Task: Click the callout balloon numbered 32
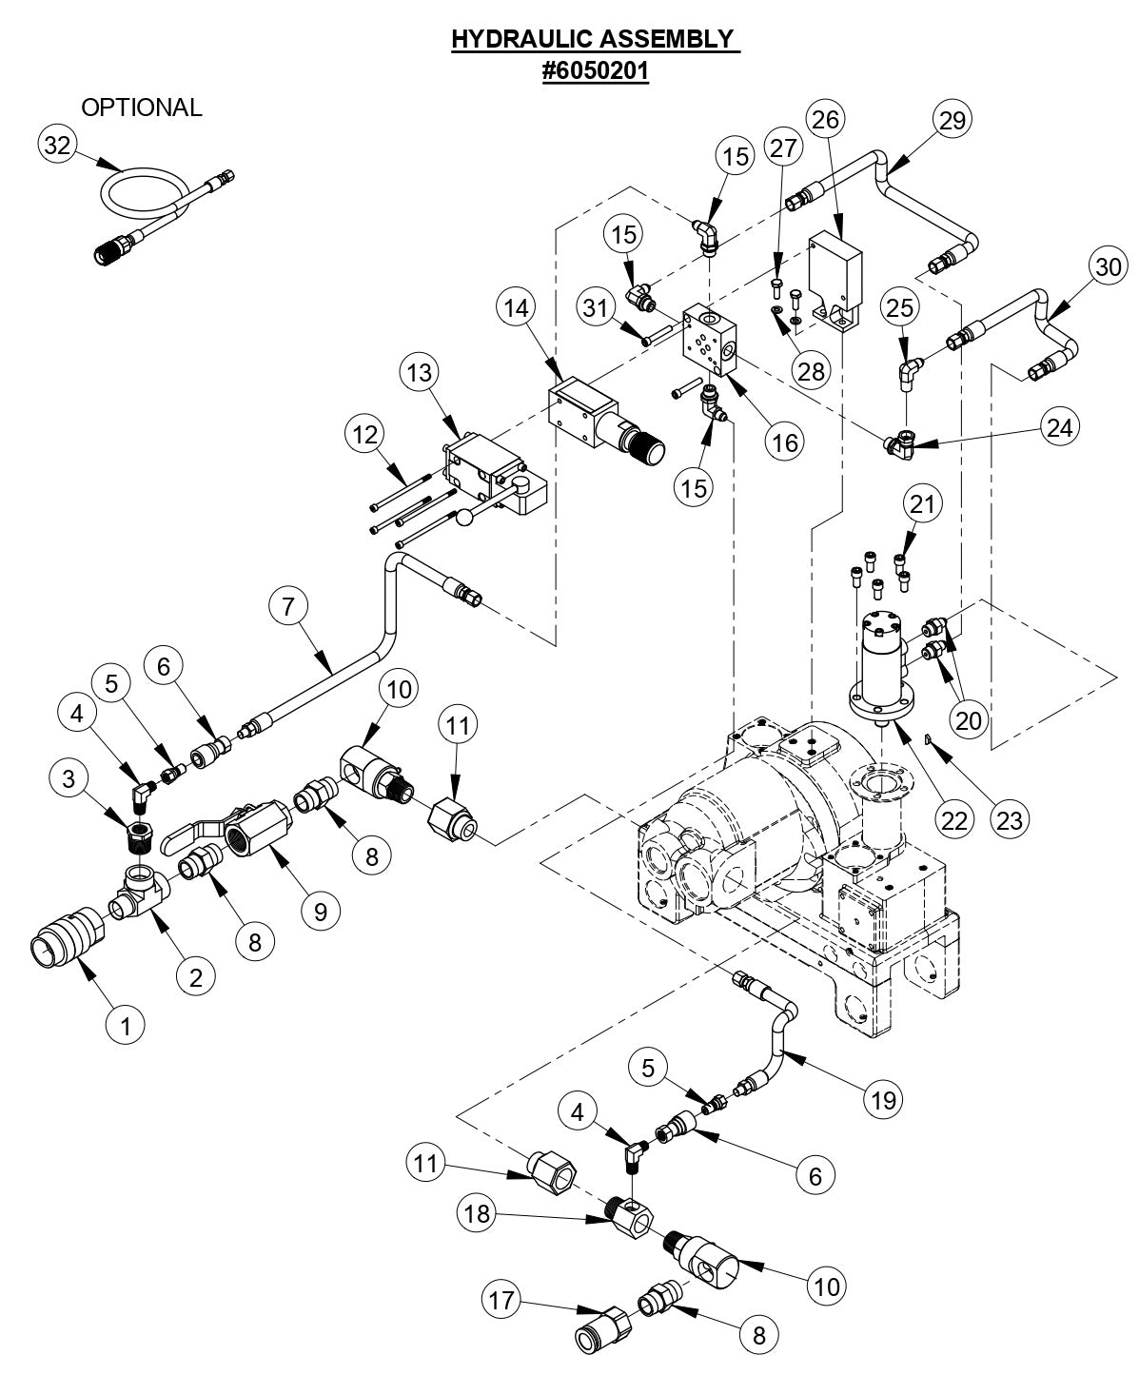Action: [x=57, y=146]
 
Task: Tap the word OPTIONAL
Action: [x=142, y=108]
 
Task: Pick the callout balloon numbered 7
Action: [x=288, y=604]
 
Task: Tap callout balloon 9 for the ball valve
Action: [x=320, y=911]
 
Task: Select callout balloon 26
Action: [x=826, y=119]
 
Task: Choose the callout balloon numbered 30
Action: [x=1107, y=267]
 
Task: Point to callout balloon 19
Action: [x=884, y=1099]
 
